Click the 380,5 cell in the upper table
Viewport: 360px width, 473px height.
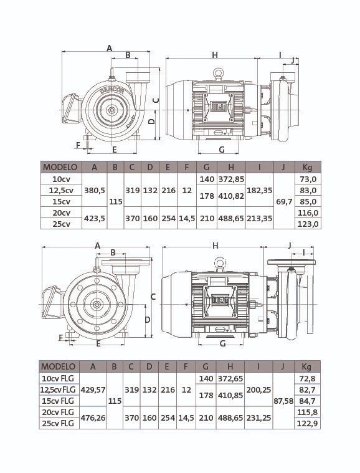pos(95,190)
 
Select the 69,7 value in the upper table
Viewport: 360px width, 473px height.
pos(284,201)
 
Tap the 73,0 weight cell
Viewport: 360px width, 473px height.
pos(308,179)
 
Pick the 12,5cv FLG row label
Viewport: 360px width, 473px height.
pos(58,389)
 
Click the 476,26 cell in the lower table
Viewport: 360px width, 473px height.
pos(93,418)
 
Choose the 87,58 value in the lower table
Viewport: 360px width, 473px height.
pos(283,401)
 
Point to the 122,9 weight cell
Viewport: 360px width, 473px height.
pos(307,424)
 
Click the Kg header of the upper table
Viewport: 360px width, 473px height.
pos(307,167)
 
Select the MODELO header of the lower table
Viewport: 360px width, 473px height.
pos(58,366)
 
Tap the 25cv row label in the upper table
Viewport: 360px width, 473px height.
pos(61,224)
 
